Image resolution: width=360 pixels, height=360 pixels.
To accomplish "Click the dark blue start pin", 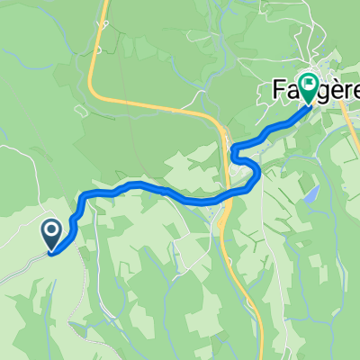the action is [51, 235].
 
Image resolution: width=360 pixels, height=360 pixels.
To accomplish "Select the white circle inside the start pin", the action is [51, 231].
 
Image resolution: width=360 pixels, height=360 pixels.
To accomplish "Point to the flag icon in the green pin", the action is [309, 86].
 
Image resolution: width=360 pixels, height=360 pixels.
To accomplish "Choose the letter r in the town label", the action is [339, 93].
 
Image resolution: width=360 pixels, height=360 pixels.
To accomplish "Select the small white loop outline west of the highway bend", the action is [82, 112].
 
